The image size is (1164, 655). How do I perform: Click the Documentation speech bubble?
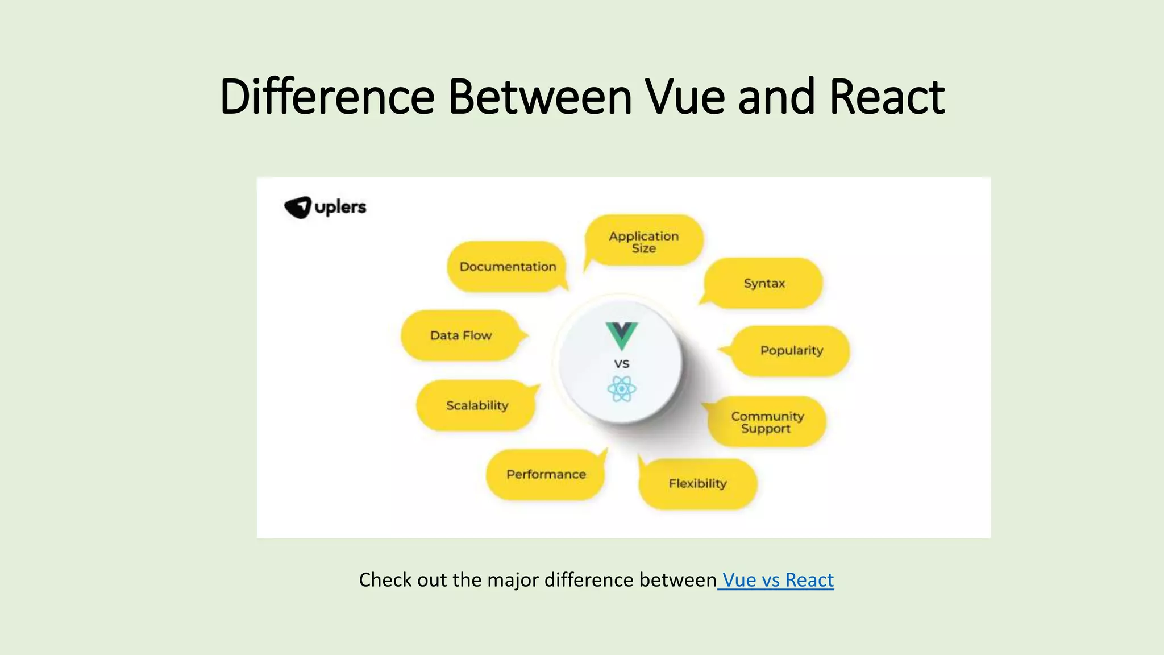point(507,267)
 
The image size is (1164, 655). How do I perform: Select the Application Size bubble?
point(644,241)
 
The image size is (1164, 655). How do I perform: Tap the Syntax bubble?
point(764,283)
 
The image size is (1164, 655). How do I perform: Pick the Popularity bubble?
point(791,350)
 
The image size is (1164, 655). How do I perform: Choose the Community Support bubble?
point(767,422)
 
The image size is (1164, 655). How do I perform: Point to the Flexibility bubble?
point(697,483)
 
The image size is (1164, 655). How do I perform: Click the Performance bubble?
point(546,474)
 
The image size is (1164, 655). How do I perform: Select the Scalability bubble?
point(477,405)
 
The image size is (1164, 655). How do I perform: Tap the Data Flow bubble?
point(460,335)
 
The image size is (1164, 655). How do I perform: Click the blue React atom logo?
point(621,389)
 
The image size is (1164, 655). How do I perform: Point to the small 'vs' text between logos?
point(622,363)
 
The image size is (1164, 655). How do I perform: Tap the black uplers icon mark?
point(298,207)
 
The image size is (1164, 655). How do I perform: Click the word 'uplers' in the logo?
point(340,207)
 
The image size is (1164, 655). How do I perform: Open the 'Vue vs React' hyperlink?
point(777,580)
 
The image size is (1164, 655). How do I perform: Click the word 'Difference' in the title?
point(327,97)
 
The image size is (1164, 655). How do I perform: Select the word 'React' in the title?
point(887,97)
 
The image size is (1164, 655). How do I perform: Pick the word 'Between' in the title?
point(540,97)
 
